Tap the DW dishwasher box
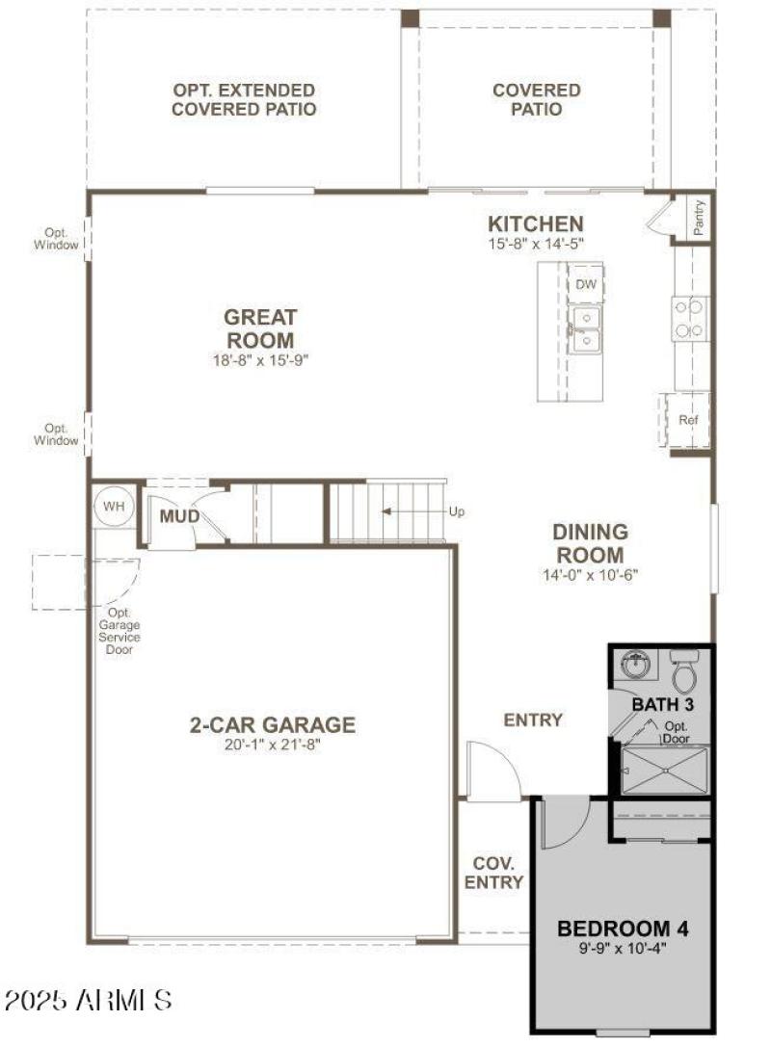pyautogui.click(x=585, y=285)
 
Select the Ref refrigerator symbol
pyautogui.click(x=687, y=420)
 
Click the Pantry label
pyautogui.click(x=700, y=218)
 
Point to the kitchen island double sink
pyautogui.click(x=584, y=328)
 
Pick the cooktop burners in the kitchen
pyautogui.click(x=689, y=319)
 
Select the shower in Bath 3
pyautogui.click(x=666, y=771)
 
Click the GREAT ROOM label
pyautogui.click(x=260, y=327)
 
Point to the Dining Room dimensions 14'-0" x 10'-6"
pyautogui.click(x=591, y=575)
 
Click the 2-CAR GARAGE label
pyautogui.click(x=272, y=725)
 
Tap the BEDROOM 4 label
pyautogui.click(x=624, y=929)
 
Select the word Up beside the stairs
pyautogui.click(x=456, y=511)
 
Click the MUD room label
pyautogui.click(x=179, y=517)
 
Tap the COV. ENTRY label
pyautogui.click(x=493, y=872)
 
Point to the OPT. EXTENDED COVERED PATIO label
pyautogui.click(x=244, y=99)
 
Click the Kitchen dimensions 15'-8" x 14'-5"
pyautogui.click(x=535, y=245)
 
